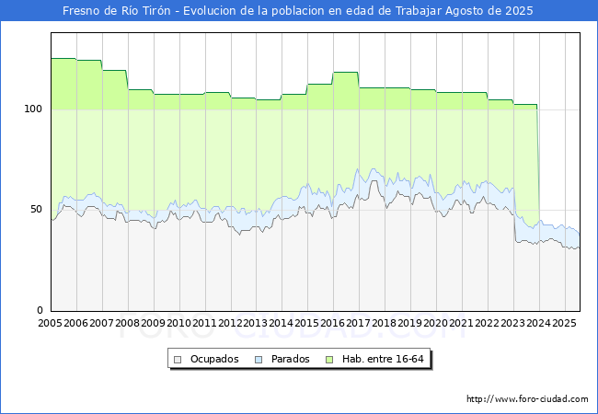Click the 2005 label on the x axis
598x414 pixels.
pyautogui.click(x=50, y=323)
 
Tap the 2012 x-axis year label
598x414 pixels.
pyautogui.click(x=230, y=323)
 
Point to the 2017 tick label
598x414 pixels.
pyautogui.click(x=359, y=323)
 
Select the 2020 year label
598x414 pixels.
pyautogui.click(x=436, y=323)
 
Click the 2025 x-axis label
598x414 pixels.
pyautogui.click(x=565, y=323)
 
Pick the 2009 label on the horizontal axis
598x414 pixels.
pyautogui.click(x=153, y=323)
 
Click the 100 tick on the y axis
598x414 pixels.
pyautogui.click(x=33, y=109)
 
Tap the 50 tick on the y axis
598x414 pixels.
pyautogui.click(x=36, y=209)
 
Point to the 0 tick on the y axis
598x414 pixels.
pyautogui.click(x=40, y=310)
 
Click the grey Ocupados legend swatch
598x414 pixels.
pyautogui.click(x=178, y=360)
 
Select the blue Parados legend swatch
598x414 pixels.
pyautogui.click(x=259, y=360)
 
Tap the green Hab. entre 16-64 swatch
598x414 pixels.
pyautogui.click(x=329, y=360)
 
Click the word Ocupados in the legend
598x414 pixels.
pyautogui.click(x=214, y=359)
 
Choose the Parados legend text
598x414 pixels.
pyautogui.click(x=291, y=359)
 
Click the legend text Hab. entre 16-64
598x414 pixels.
pyautogui.click(x=383, y=359)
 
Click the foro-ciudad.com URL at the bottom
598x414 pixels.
pyautogui.click(x=527, y=399)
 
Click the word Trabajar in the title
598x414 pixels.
pyautogui.click(x=419, y=11)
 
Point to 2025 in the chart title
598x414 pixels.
pyautogui.click(x=519, y=11)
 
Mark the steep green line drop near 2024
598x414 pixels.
pyautogui.click(x=538, y=164)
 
